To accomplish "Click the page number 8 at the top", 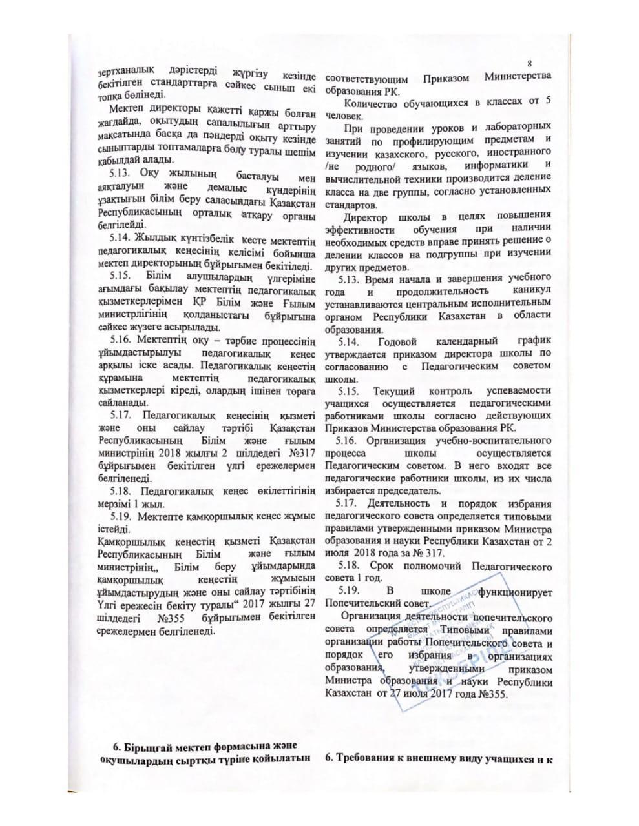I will pos(530,63).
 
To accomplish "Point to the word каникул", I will pos(532,291).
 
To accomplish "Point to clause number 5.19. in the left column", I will pos(123,516).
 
